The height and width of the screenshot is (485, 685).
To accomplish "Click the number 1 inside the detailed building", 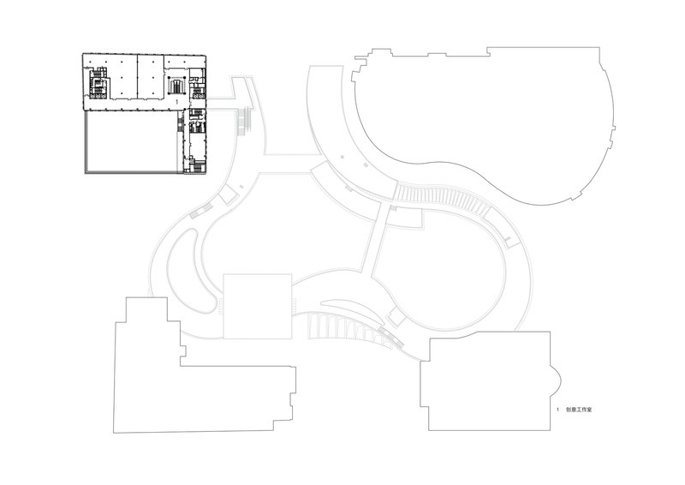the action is click(176, 101).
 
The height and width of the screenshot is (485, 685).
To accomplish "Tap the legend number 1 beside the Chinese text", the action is click(557, 410).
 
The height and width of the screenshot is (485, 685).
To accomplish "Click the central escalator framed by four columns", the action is click(176, 86).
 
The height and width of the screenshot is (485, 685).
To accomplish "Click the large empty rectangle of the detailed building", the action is click(131, 141).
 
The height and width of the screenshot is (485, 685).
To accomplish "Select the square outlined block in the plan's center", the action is click(258, 307).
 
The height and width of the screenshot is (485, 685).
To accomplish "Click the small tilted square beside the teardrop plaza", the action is click(395, 317).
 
